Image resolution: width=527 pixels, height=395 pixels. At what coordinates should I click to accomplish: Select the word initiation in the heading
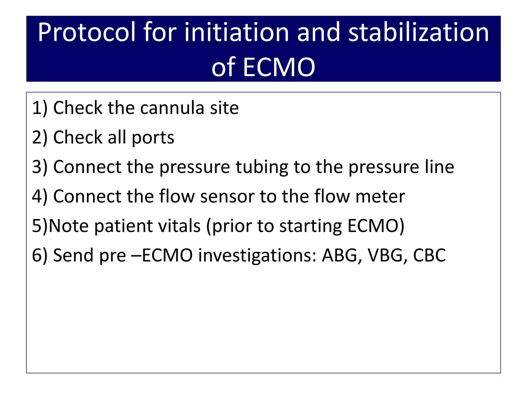(237, 33)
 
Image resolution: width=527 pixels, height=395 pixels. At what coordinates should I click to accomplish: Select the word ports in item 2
(153, 138)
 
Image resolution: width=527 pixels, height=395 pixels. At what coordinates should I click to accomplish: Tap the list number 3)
(40, 167)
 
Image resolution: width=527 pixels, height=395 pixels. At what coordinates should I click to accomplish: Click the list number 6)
(40, 255)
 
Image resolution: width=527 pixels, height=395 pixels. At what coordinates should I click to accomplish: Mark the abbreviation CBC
(429, 255)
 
